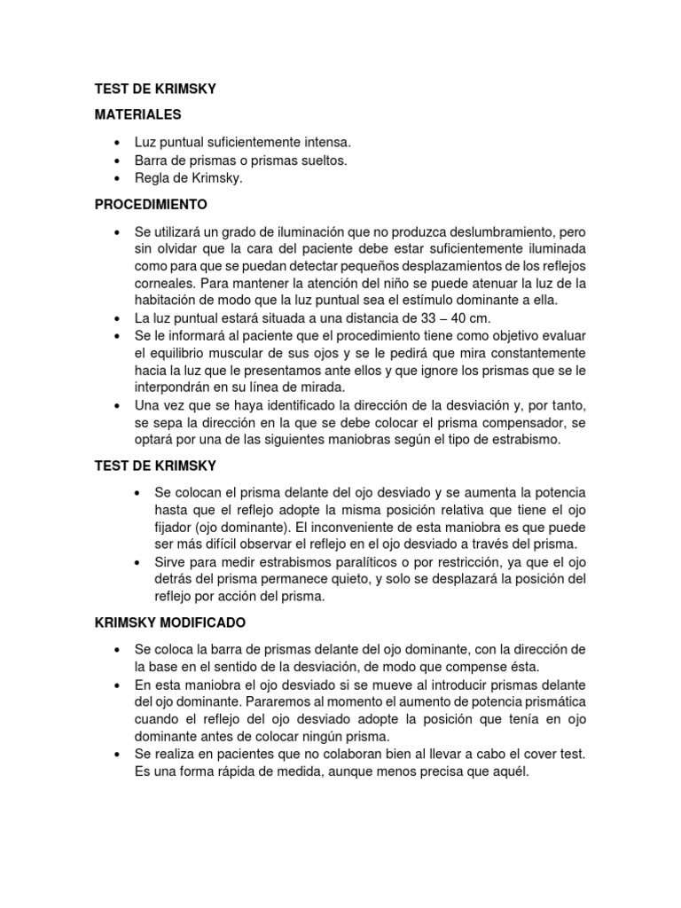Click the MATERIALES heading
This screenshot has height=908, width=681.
tap(137, 114)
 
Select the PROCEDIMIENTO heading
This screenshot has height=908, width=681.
tap(151, 205)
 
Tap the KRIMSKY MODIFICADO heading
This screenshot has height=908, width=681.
tap(170, 622)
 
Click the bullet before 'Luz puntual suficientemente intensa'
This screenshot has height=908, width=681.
tap(117, 143)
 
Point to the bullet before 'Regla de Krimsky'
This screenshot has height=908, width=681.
tap(117, 178)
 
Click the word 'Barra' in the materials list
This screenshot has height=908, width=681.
tap(151, 160)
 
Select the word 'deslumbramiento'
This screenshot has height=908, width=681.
tap(505, 231)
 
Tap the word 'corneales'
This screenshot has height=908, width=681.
tap(165, 284)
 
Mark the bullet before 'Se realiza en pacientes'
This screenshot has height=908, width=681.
tap(117, 754)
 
